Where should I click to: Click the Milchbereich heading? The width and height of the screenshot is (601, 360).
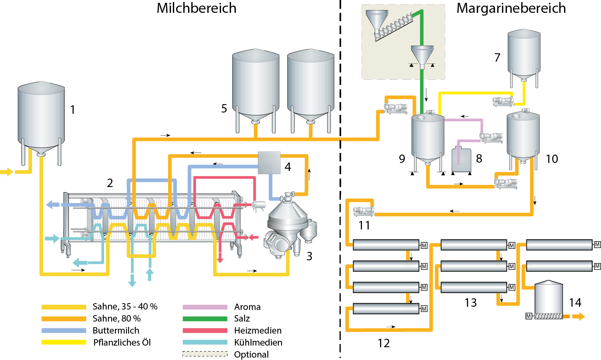pos(196,8)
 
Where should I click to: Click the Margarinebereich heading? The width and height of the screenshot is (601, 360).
pos(511,8)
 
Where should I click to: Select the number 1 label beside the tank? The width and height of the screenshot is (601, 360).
pos(72,110)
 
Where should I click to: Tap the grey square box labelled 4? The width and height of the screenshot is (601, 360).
pos(269,163)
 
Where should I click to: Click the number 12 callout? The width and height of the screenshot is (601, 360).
pos(384,343)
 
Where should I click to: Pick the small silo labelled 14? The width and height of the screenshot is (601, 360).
pos(549,298)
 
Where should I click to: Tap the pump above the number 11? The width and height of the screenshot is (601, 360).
pos(364,211)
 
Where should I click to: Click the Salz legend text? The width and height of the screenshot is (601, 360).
pos(242,319)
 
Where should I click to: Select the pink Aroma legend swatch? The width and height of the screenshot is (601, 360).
pos(205,307)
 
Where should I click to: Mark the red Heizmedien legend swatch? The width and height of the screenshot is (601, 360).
pos(205,331)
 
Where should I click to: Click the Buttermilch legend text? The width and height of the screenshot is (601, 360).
pos(116,331)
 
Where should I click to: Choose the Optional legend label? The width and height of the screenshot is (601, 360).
pos(251,355)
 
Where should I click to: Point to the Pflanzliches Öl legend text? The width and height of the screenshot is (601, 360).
pos(122,343)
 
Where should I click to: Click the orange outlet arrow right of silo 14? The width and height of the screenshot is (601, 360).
pos(578,316)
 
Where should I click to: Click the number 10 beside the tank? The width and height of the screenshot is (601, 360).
pos(552,159)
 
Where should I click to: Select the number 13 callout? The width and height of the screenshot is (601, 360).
pos(470,303)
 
